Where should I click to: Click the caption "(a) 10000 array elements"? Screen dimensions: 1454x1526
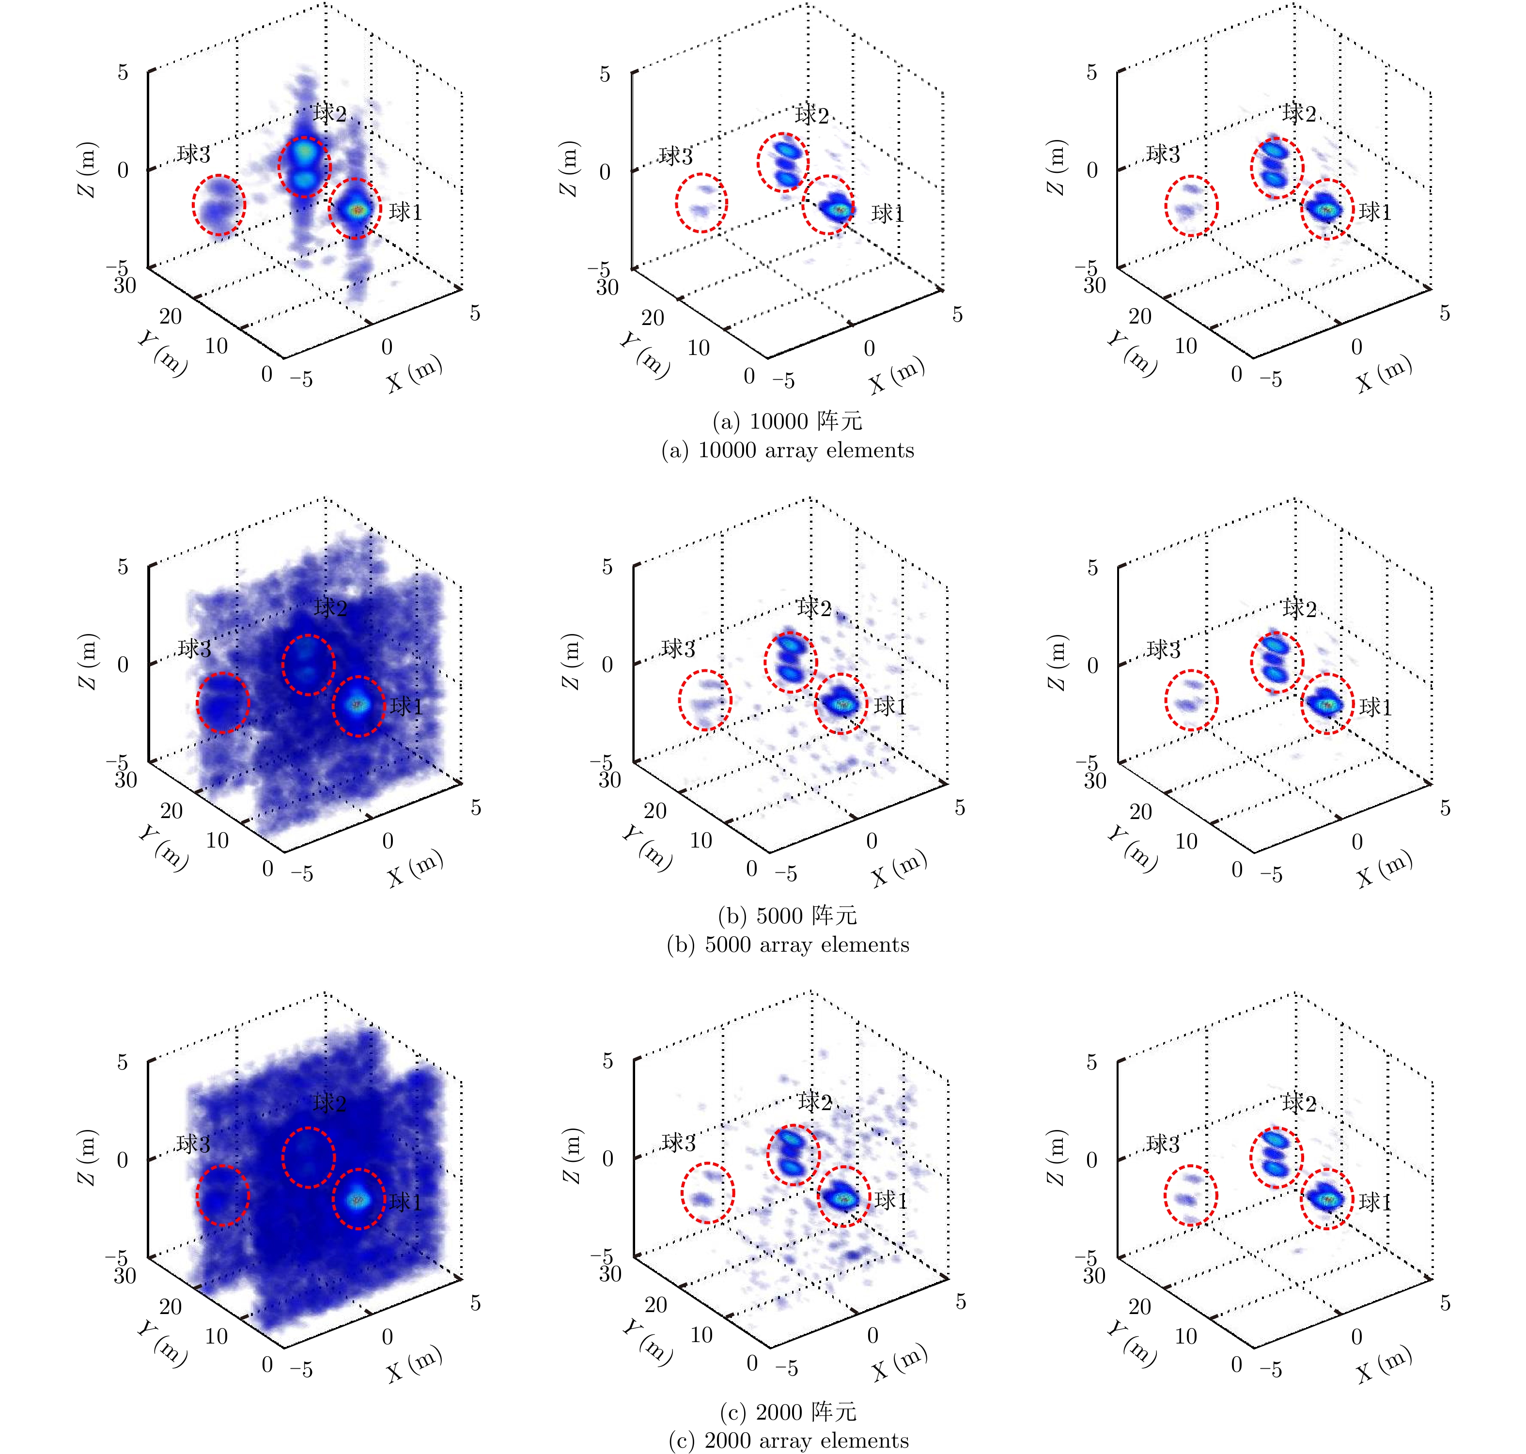(787, 450)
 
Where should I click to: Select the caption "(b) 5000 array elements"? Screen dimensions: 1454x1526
(787, 945)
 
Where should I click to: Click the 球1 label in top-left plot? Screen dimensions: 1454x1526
(405, 212)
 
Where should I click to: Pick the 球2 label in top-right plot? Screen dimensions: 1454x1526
(1299, 113)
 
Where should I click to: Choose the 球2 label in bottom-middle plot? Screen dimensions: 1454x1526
(814, 1101)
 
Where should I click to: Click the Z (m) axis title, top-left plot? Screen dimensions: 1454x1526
(88, 169)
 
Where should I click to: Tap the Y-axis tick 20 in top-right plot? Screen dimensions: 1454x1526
(1139, 316)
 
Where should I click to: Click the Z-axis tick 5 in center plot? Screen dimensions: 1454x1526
(607, 567)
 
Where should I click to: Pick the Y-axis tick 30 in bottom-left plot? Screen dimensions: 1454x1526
(125, 1275)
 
